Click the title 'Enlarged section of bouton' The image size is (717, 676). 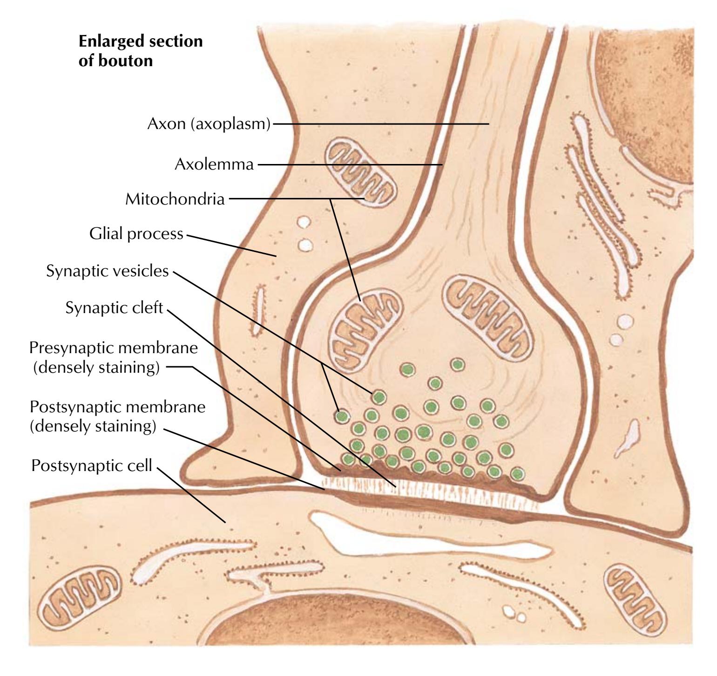tap(141, 51)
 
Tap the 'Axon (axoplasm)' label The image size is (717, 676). tap(209, 124)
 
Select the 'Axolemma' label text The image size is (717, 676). tap(214, 164)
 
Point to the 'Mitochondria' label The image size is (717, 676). tap(175, 199)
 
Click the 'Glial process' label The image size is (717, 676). tap(136, 233)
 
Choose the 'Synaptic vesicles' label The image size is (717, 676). tap(108, 271)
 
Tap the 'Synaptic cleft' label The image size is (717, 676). tap(115, 308)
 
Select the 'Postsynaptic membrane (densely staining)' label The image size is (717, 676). tap(117, 416)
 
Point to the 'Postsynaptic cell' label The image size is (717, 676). tap(92, 465)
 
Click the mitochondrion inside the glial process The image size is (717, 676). tap(361, 172)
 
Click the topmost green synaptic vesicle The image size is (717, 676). tap(458, 364)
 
